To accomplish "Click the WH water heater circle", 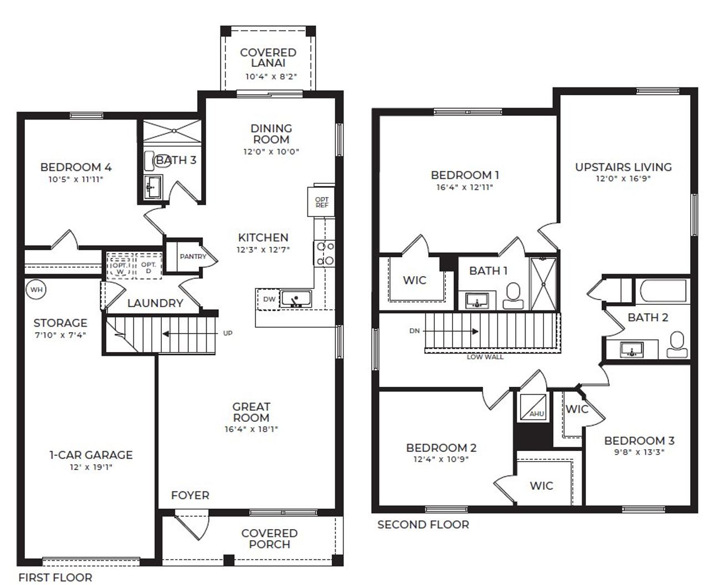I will point(36,289).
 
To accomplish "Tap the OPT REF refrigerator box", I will point(321,202).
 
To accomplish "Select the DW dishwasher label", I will point(269,299).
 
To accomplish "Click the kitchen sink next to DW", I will point(296,299).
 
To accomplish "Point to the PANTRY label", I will point(192,256).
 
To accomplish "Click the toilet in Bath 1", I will point(513,296).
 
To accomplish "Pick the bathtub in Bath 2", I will point(662,290).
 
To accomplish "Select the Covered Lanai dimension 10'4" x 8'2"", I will point(271,77).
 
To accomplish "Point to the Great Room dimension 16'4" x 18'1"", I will point(251,429).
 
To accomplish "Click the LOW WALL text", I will point(485,357).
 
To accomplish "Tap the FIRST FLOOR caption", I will point(55,577).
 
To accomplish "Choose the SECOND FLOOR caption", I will point(423,525).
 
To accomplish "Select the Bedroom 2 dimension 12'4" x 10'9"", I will point(441,459).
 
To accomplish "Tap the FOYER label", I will point(190,495).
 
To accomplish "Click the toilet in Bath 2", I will point(676,345).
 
